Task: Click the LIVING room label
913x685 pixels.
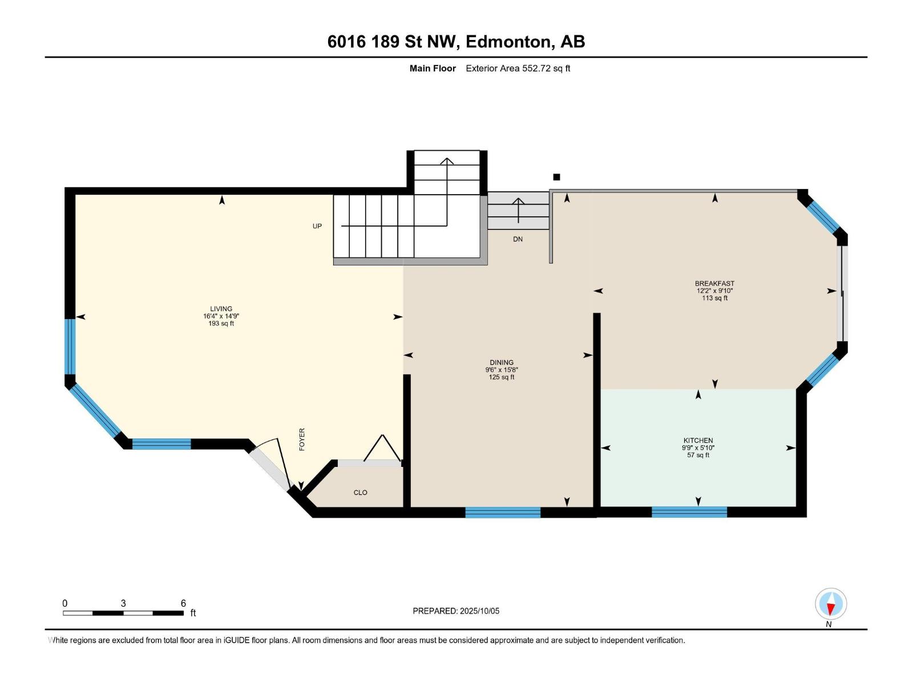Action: (x=221, y=309)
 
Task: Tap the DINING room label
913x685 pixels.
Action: (x=501, y=362)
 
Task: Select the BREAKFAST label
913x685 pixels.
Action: (x=714, y=284)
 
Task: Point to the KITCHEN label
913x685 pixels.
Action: (x=698, y=440)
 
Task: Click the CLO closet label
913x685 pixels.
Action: (x=360, y=493)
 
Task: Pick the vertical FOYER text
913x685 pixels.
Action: (x=302, y=439)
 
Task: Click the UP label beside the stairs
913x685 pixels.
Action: (x=317, y=226)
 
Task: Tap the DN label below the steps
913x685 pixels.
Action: (x=518, y=239)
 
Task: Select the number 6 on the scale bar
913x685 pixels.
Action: (x=183, y=603)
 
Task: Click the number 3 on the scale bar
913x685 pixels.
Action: (x=123, y=603)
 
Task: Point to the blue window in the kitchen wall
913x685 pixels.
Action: (x=689, y=511)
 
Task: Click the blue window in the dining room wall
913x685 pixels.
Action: (x=503, y=512)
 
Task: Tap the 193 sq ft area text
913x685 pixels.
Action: (x=221, y=323)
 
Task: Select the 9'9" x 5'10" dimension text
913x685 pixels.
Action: (x=698, y=448)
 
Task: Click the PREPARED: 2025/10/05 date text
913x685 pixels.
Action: (x=456, y=611)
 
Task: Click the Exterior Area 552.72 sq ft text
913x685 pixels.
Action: (x=518, y=68)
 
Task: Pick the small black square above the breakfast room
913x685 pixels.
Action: (x=556, y=177)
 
